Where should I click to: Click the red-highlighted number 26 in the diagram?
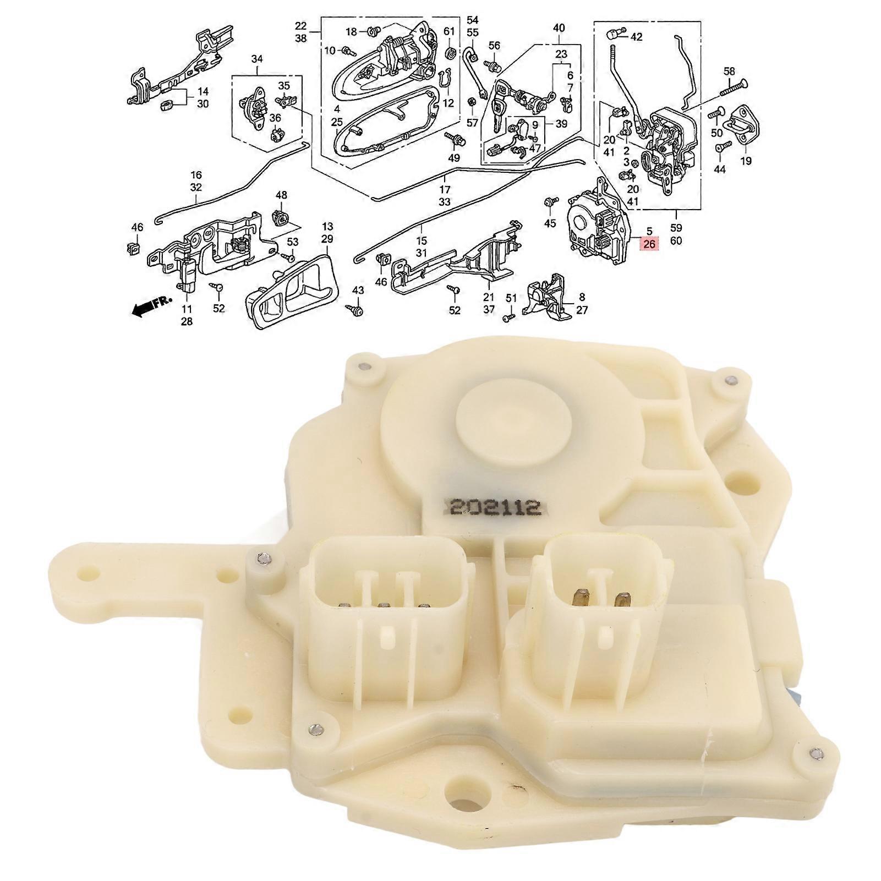click(x=649, y=243)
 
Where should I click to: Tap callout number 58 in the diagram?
click(x=729, y=72)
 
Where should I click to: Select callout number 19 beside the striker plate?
click(x=746, y=161)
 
